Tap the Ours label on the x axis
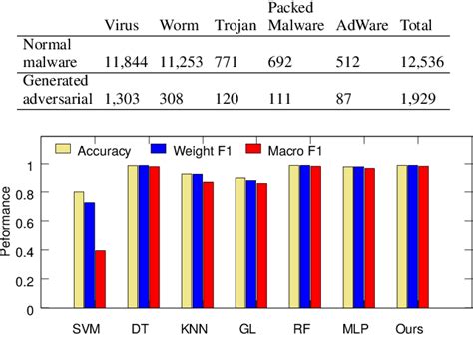pos(411,327)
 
